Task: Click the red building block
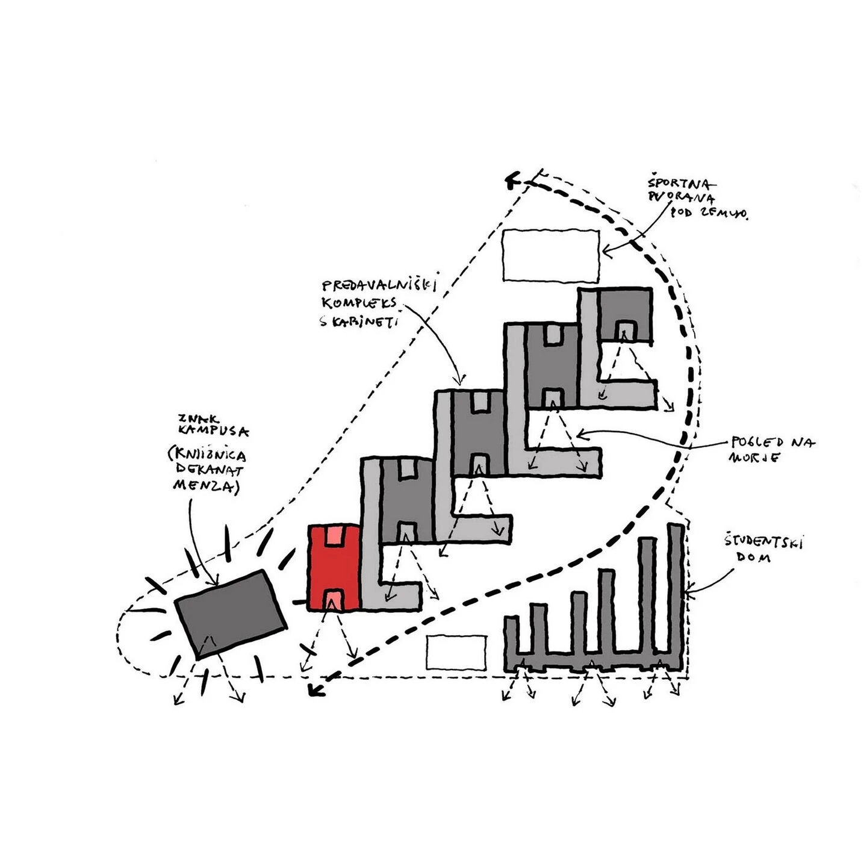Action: click(334, 569)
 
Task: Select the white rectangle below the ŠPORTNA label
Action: click(551, 255)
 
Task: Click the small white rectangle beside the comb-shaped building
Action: click(456, 652)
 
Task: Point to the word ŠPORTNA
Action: click(681, 182)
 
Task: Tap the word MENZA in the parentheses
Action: click(207, 485)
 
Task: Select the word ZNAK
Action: click(193, 417)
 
